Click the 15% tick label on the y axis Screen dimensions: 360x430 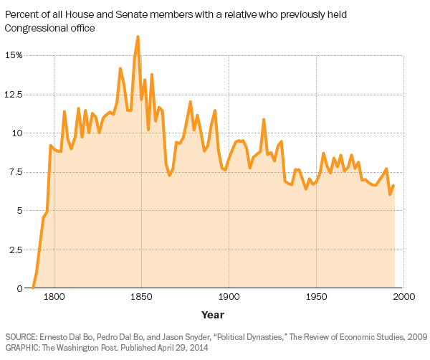13,55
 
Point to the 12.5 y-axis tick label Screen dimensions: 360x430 12,95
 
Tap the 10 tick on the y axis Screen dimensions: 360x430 17,133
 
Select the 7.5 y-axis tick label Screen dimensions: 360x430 14,172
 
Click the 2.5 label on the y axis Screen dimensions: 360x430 14,250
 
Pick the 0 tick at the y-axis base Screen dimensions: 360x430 20,288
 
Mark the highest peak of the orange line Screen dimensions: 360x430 138,37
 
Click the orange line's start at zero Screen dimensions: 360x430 33,288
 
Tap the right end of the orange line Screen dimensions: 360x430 393,186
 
